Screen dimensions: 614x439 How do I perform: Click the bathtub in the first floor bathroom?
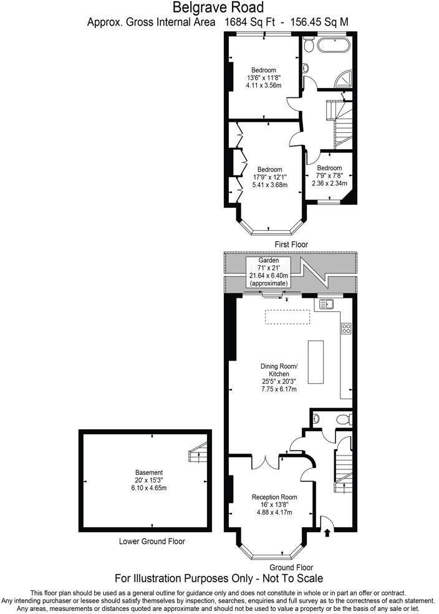click(334, 45)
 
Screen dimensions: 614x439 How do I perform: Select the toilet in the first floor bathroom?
click(306, 69)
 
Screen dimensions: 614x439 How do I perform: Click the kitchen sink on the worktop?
click(327, 304)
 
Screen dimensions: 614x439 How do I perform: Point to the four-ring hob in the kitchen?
click(345, 328)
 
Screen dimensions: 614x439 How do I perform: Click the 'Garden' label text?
click(269, 260)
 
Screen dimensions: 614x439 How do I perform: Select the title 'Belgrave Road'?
click(218, 8)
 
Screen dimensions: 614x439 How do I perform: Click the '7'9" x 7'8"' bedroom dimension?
click(329, 176)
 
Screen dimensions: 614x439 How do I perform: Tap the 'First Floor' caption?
click(291, 244)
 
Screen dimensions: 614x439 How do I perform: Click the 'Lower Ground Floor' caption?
click(152, 541)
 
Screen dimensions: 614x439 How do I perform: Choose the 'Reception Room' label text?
click(274, 497)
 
